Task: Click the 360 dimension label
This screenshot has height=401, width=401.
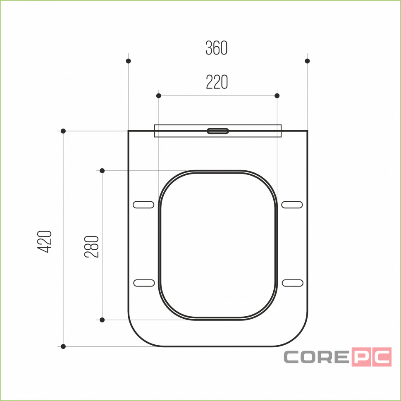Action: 216,48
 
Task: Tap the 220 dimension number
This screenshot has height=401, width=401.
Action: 217,82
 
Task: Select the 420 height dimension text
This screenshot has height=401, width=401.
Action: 45,242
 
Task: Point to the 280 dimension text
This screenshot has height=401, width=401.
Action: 91,246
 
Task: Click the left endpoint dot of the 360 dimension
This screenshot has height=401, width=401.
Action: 129,61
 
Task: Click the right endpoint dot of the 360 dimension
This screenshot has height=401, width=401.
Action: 308,61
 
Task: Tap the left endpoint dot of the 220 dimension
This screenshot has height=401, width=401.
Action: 159,95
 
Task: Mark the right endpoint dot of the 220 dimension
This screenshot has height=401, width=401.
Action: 277,95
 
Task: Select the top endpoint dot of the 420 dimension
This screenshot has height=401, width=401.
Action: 63,131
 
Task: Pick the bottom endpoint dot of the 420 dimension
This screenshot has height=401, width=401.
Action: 63,346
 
